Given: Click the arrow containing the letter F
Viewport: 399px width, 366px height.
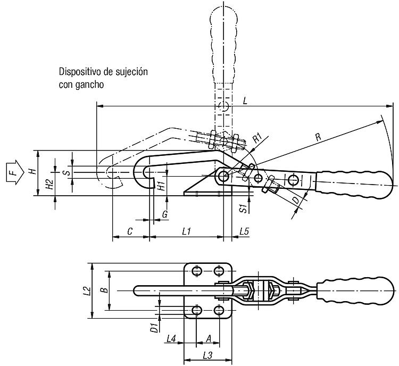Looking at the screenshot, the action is (x=15, y=172).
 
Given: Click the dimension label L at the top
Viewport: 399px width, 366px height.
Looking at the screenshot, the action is (x=245, y=101).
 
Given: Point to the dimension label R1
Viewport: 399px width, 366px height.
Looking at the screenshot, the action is (x=257, y=138).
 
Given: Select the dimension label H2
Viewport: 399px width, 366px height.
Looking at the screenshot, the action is (x=50, y=184).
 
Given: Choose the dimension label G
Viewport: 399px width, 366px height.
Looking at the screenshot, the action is (x=165, y=214).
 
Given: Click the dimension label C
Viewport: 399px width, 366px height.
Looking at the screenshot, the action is (x=130, y=231).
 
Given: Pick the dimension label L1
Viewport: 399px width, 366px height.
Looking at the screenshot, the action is (x=186, y=231).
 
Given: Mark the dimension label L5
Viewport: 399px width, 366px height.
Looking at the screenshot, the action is (x=244, y=231).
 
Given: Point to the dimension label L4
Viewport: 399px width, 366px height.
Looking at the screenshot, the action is (x=171, y=339).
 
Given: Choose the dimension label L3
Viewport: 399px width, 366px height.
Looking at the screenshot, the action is (x=207, y=355).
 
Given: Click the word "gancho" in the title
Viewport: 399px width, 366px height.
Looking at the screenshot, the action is (x=89, y=85).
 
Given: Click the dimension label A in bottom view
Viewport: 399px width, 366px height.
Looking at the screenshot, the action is (x=209, y=339).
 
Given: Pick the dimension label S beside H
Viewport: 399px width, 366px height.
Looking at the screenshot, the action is (x=66, y=172).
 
